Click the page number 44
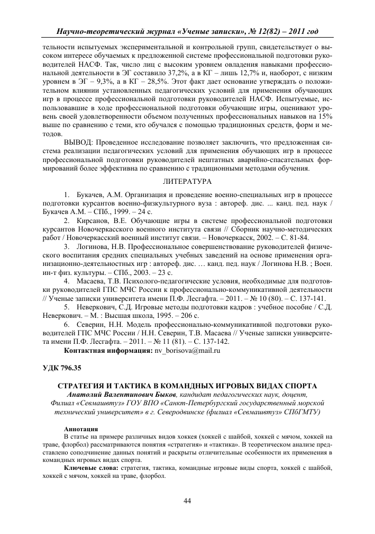point(187,501)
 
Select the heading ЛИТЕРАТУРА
point(187,182)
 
